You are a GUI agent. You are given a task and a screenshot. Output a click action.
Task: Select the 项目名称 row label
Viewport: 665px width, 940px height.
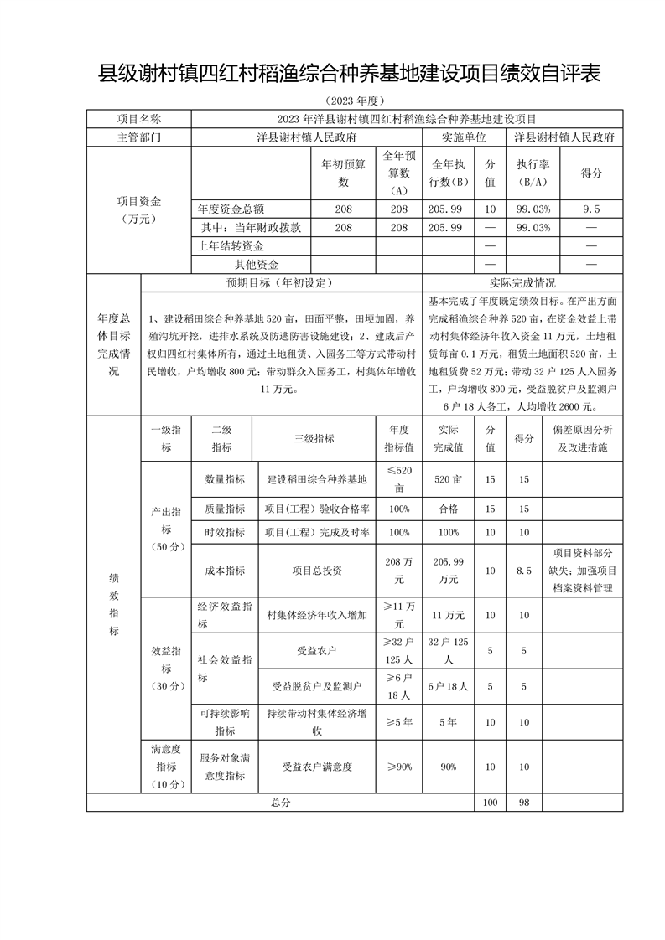pyautogui.click(x=139, y=119)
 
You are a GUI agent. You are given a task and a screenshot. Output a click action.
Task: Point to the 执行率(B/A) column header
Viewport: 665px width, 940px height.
pyautogui.click(x=533, y=173)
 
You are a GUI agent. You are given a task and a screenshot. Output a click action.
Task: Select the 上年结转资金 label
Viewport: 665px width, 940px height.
pyautogui.click(x=231, y=246)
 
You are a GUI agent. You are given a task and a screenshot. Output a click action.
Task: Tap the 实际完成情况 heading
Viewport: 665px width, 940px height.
pyautogui.click(x=522, y=283)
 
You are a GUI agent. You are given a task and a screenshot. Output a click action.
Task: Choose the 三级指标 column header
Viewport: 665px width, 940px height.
pyautogui.click(x=314, y=438)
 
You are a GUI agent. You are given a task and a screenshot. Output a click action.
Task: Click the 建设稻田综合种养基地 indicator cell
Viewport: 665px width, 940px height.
pyautogui.click(x=317, y=480)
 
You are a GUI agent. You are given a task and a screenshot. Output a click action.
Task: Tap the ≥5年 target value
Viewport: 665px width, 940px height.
pyautogui.click(x=398, y=721)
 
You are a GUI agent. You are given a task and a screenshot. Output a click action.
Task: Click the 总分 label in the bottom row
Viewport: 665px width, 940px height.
pyautogui.click(x=280, y=803)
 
